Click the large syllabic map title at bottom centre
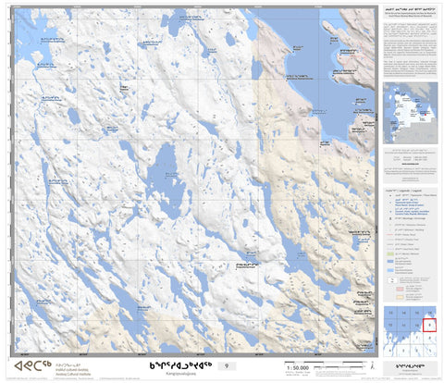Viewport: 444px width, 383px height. click(184, 364)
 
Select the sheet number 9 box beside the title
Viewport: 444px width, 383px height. click(241, 365)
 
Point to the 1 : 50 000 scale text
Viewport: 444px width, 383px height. click(299, 367)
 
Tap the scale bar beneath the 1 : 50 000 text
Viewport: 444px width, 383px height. click(299, 374)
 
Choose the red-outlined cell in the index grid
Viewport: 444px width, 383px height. click(429, 325)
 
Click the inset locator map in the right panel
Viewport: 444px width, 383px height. click(410, 114)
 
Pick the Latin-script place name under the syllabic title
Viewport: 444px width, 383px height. click(184, 375)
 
